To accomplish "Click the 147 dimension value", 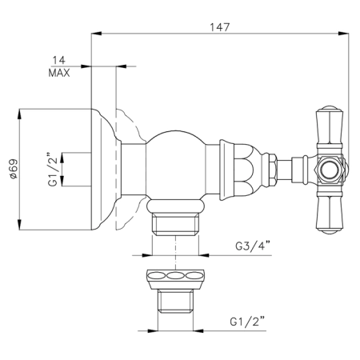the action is tap(219, 27).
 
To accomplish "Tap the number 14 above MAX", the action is tap(58, 60).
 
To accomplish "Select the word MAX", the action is tap(59, 73).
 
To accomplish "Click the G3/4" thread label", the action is tap(253, 246).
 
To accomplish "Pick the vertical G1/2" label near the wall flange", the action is tap(53, 170).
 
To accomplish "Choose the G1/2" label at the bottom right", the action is tap(248, 322).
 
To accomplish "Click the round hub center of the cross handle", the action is tap(330, 169).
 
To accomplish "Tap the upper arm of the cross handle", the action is tap(330, 127).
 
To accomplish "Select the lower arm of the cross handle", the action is tap(330, 211).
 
